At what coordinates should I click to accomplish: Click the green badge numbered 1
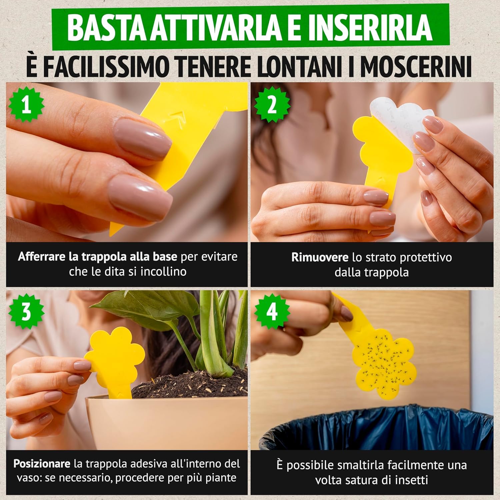click(x=26, y=106)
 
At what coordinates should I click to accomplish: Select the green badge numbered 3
click(x=26, y=313)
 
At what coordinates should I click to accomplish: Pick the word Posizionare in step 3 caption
click(x=42, y=464)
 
